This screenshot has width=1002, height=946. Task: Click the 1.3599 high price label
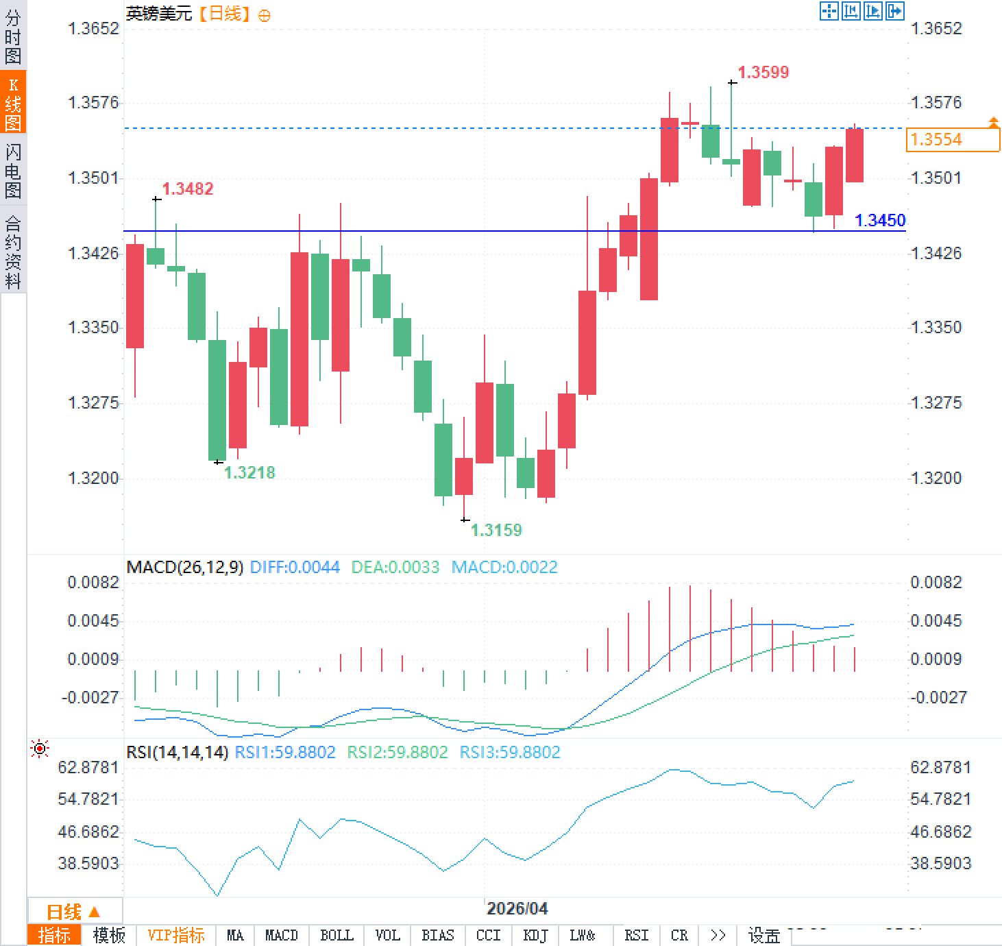coord(763,72)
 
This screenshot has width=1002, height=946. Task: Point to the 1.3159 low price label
coord(496,530)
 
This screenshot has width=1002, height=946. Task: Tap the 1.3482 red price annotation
coord(187,189)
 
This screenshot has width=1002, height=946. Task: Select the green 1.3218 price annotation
coord(249,472)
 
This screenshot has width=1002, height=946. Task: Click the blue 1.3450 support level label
coord(880,220)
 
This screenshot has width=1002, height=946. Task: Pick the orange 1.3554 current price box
coord(952,140)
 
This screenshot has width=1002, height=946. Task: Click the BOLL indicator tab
coord(337,935)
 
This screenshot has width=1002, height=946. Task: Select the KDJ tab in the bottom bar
coord(535,935)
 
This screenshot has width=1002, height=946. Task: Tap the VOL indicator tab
coord(387,935)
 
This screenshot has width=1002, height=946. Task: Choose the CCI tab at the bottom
coord(488,935)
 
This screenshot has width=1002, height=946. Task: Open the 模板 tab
coord(109,935)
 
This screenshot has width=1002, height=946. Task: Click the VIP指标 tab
coord(176,935)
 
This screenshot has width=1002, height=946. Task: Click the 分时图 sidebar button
coord(13,37)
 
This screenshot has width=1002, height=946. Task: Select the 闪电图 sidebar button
coord(13,171)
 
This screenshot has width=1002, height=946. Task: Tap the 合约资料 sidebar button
coord(13,252)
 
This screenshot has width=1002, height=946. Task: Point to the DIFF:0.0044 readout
coord(295,567)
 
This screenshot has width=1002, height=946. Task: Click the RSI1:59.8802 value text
coord(285,752)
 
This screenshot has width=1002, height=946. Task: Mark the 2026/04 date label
coord(517,908)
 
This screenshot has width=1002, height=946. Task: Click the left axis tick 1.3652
coord(93,28)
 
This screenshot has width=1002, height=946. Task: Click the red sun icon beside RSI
coord(40,749)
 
